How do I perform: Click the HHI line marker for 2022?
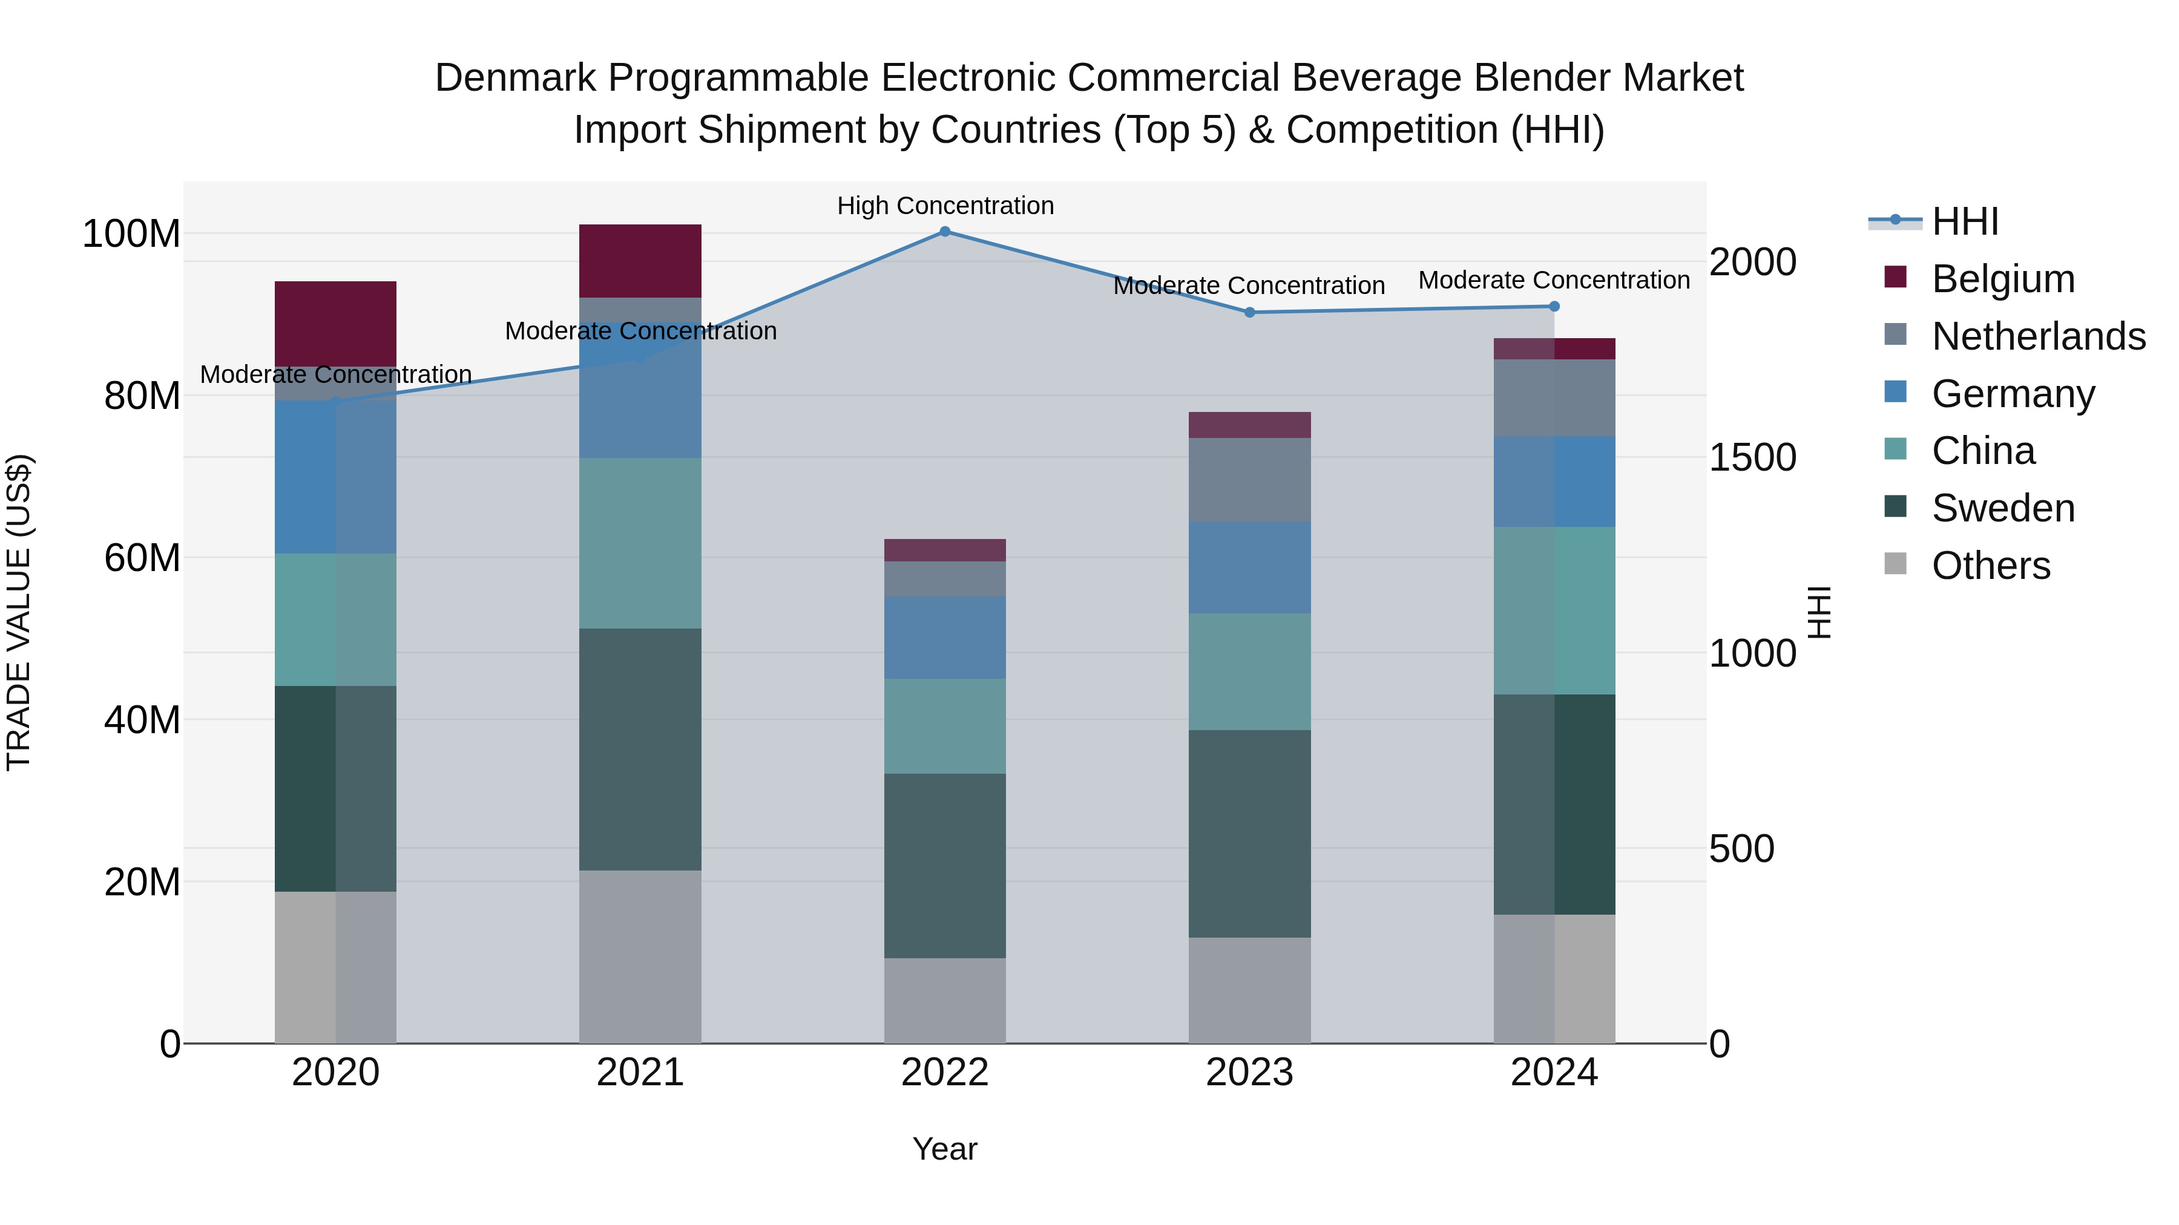(x=945, y=232)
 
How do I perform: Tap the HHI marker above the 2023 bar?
(x=1249, y=312)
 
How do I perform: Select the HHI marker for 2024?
(x=1554, y=306)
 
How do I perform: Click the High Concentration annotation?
(x=945, y=206)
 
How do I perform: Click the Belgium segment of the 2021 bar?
(x=640, y=260)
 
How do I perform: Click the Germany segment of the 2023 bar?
(x=1249, y=567)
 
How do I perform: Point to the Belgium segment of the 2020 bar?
(x=336, y=323)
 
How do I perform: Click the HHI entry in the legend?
(x=1964, y=221)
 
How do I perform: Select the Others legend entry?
(x=1990, y=566)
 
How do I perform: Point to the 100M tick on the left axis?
(x=131, y=234)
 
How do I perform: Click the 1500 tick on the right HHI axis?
(x=1752, y=457)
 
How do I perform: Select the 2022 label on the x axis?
(x=945, y=1073)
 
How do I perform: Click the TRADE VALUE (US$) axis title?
(x=19, y=612)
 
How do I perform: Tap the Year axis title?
(x=945, y=1149)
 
